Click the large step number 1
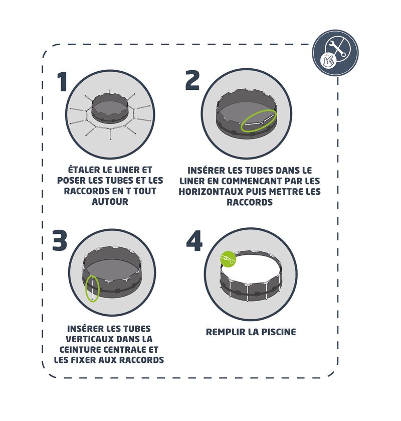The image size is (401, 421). tap(62, 82)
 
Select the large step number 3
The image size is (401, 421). tap(60, 240)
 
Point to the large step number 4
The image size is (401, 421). tap(194, 240)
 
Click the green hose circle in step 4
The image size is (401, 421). tap(228, 259)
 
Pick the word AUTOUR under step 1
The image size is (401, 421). tap(110, 202)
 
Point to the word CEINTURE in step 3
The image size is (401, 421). tap(80, 350)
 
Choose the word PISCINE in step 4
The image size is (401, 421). tap(279, 332)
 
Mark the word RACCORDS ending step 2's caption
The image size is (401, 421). tap(250, 202)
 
